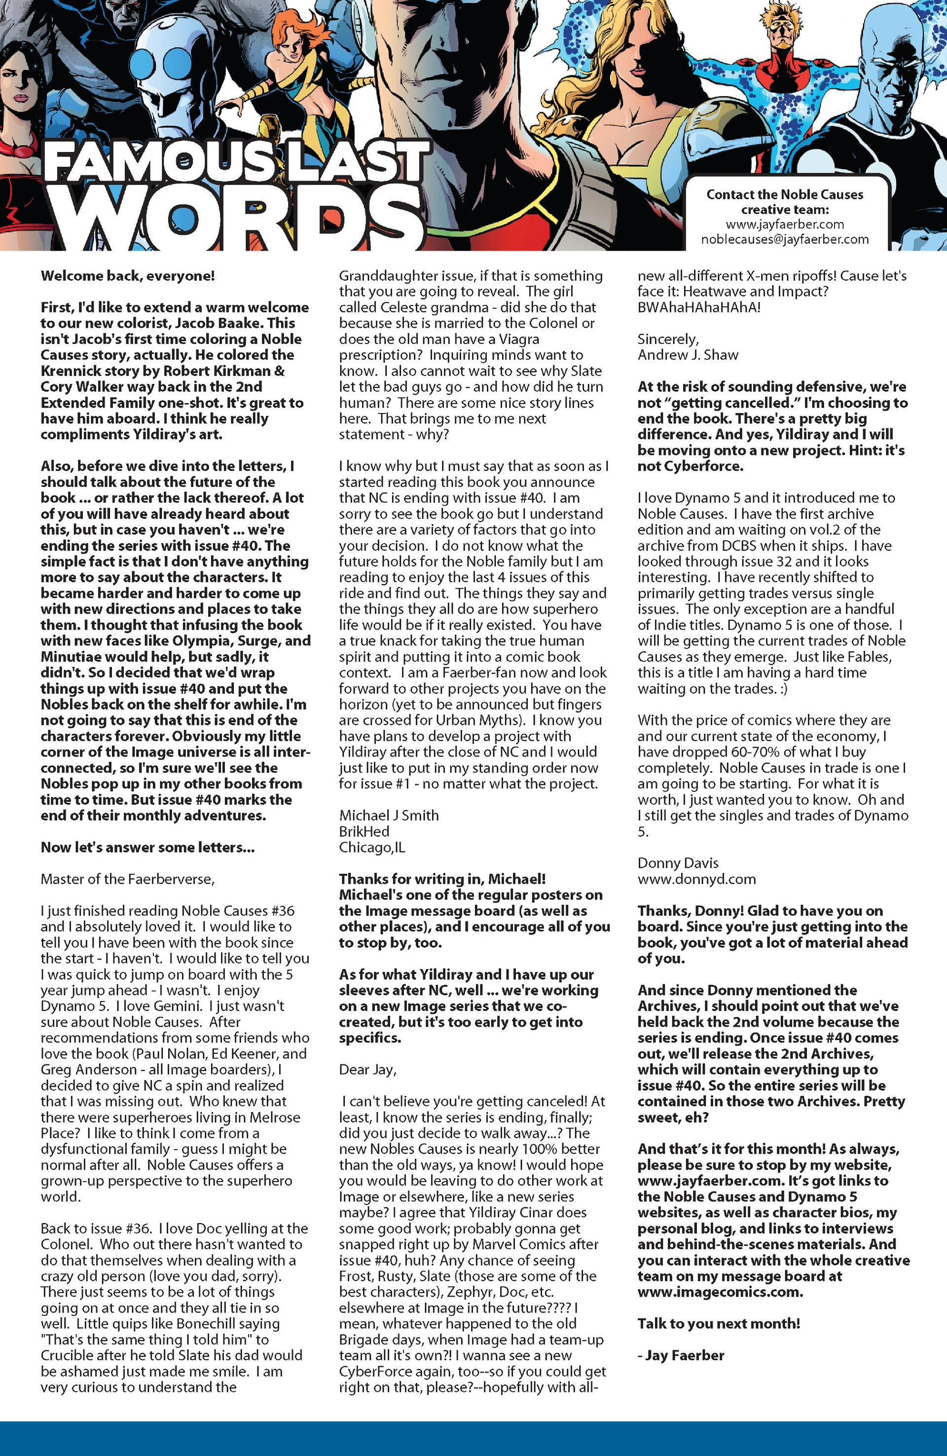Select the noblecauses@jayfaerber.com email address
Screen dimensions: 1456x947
pos(784,239)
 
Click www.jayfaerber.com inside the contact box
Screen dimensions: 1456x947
pos(784,224)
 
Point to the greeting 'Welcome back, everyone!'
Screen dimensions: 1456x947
pos(127,276)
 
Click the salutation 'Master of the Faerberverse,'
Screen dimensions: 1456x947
pos(127,879)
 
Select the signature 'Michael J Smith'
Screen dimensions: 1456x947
pos(389,816)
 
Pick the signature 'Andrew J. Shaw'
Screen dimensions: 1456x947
pos(688,355)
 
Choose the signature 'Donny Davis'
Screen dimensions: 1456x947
pos(678,863)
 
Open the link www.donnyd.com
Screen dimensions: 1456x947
pos(696,879)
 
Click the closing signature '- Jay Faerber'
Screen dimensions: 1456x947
pos(680,1356)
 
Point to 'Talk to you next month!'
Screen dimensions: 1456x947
pos(718,1324)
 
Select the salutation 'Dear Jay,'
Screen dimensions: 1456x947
pos(367,1069)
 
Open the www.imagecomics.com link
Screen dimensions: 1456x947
pos(720,1292)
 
